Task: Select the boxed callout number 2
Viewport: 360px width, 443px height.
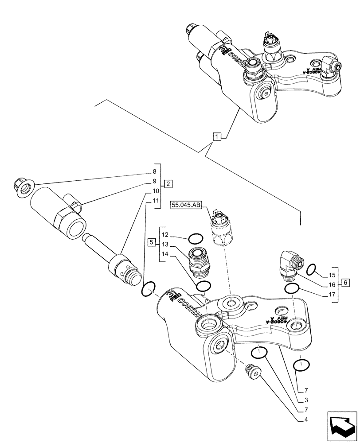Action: pyautogui.click(x=168, y=183)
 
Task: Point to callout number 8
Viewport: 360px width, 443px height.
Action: pyautogui.click(x=154, y=171)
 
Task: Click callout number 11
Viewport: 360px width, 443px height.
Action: pyautogui.click(x=154, y=201)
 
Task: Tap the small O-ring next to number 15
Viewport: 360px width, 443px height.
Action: pyautogui.click(x=311, y=268)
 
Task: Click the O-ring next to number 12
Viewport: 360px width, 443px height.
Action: pyautogui.click(x=194, y=240)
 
